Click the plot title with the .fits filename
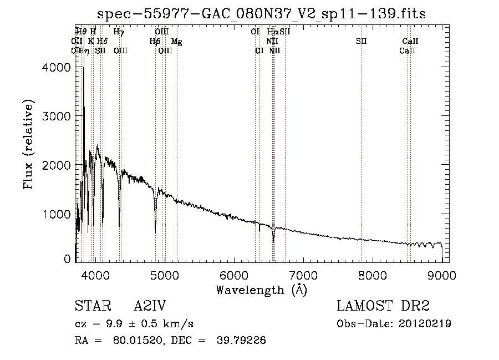[262, 13]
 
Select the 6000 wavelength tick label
[234, 275]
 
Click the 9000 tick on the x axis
[442, 275]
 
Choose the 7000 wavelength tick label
[303, 275]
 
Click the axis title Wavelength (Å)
[261, 290]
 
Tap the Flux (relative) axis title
[28, 144]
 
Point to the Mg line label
[176, 42]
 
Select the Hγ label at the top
[119, 32]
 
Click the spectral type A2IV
[150, 306]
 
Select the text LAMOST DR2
[383, 306]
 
